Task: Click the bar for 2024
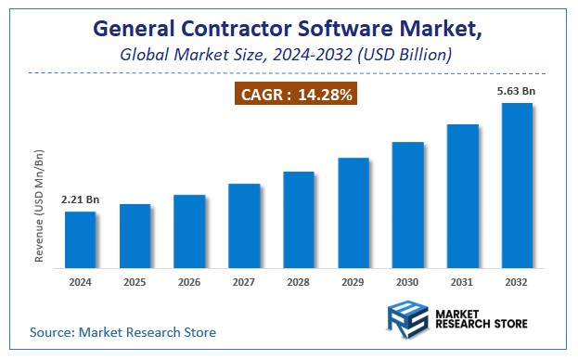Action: pos(80,238)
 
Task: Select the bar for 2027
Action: pos(244,225)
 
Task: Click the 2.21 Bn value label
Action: pos(80,199)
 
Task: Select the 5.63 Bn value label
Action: pos(517,91)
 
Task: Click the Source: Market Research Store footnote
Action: pos(122,331)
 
